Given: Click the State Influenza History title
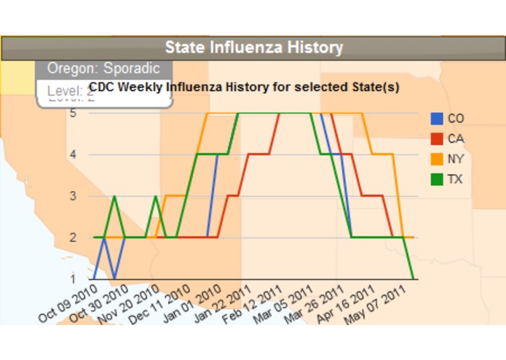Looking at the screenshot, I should (x=253, y=48).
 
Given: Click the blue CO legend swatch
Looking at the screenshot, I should (x=437, y=118).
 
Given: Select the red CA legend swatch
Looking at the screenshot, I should (x=437, y=138).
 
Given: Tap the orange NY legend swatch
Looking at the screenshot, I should (x=437, y=159).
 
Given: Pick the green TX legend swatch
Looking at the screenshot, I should (x=437, y=179).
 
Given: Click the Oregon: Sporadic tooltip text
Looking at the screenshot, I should (x=103, y=69).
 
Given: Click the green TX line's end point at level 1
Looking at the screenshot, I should (x=414, y=278).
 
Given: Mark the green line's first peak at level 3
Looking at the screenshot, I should (x=114, y=196).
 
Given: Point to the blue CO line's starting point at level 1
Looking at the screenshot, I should (x=95, y=278).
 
